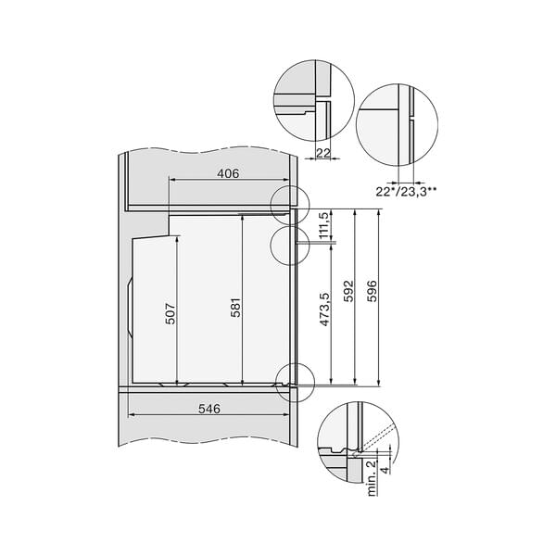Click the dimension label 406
click(x=228, y=172)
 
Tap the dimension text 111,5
click(x=323, y=226)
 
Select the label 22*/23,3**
click(x=407, y=190)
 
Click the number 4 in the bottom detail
click(x=385, y=469)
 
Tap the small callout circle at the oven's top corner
click(x=286, y=201)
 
